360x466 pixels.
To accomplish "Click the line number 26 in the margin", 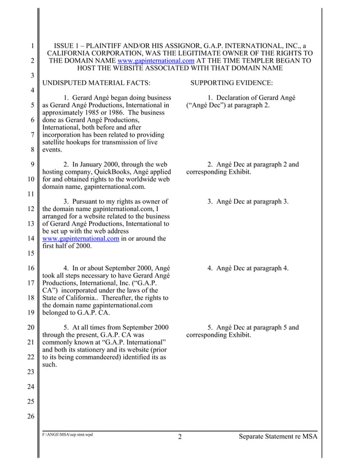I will coord(32,416).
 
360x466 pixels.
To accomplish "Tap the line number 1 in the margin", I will coord(33,46).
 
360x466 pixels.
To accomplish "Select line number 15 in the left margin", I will coord(32,253).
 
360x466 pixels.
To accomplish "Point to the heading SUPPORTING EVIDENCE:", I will coord(232,83).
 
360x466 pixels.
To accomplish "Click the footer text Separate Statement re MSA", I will coord(278,436).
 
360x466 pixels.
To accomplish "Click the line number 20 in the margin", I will coord(32,327).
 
